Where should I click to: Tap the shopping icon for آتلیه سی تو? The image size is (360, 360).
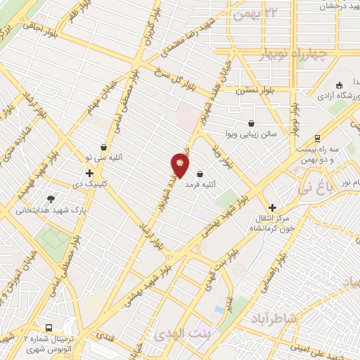105,148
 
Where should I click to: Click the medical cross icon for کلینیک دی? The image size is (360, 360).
89,173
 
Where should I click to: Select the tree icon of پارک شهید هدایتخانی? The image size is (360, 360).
50,200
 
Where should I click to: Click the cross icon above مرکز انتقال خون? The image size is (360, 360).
272,208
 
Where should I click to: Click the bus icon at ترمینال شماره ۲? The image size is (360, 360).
49,328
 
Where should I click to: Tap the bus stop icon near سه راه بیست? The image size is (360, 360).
318,139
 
